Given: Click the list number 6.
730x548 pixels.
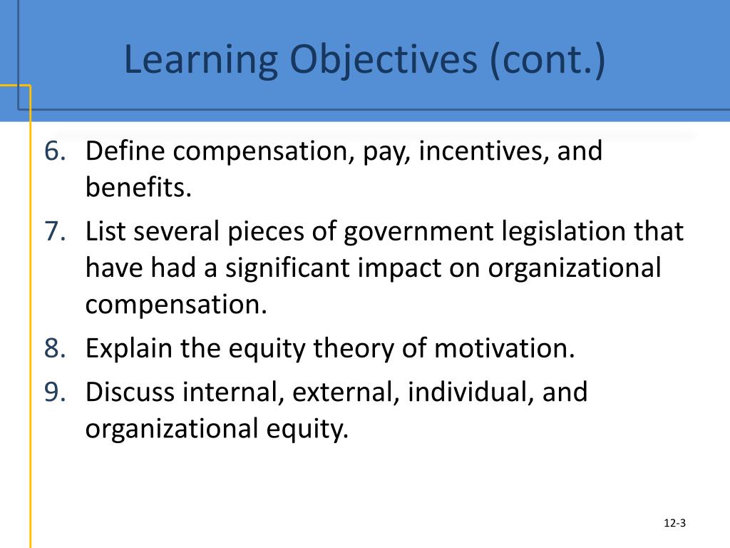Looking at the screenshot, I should point(55,151).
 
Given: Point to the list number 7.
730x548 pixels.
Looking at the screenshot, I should point(55,232).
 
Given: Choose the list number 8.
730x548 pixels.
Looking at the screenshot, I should point(55,349).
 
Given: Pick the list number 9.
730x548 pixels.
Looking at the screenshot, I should point(55,392).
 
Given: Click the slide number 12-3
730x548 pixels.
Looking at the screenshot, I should point(674,524).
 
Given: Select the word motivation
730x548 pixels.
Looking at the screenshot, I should point(503,349).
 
